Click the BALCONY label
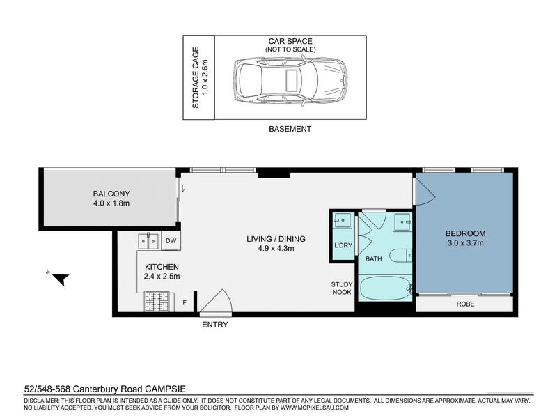[111, 194]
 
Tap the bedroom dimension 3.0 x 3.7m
[465, 243]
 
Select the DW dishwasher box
[171, 240]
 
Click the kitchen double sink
[149, 241]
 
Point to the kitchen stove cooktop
[156, 302]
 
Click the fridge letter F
[185, 302]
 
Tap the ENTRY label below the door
[215, 325]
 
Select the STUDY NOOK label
[342, 288]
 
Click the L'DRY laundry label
[343, 245]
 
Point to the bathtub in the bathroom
[386, 288]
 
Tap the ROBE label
[465, 304]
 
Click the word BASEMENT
[290, 129]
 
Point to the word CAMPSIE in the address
[166, 389]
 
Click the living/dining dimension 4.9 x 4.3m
[276, 249]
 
